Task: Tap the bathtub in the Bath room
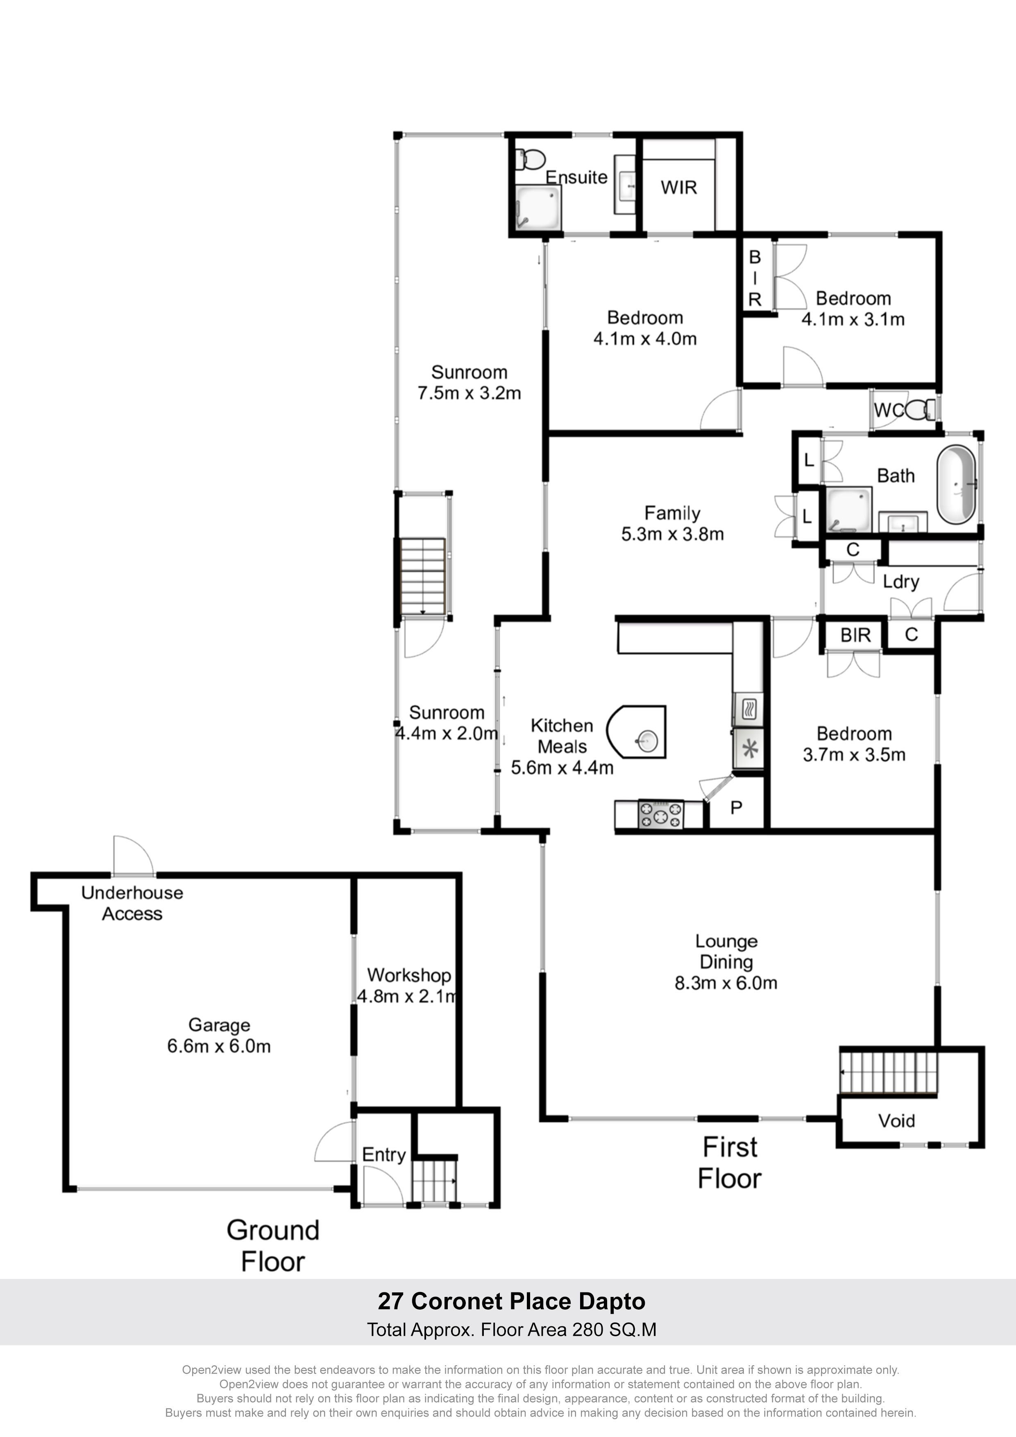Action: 956,485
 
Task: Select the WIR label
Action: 678,188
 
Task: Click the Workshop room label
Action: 409,975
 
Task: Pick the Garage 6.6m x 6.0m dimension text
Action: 218,1046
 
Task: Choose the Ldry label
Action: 901,581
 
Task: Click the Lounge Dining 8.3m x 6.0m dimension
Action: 726,983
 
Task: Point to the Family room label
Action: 672,513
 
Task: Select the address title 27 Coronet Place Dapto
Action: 511,1301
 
